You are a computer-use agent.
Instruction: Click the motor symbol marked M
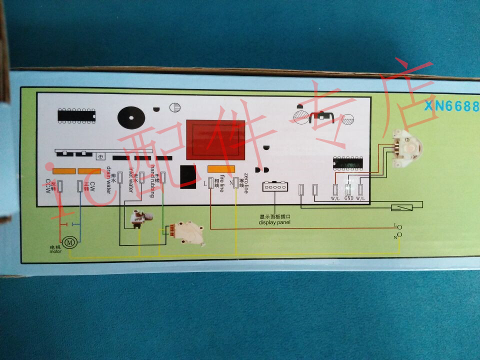(x=70, y=242)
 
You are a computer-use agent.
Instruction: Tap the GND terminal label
(x=348, y=198)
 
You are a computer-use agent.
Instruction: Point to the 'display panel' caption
(x=274, y=222)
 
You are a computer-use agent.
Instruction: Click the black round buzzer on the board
(x=131, y=118)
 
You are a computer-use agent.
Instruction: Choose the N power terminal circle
(x=399, y=235)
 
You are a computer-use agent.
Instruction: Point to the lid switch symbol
(x=402, y=207)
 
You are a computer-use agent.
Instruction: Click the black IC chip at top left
(x=76, y=115)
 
